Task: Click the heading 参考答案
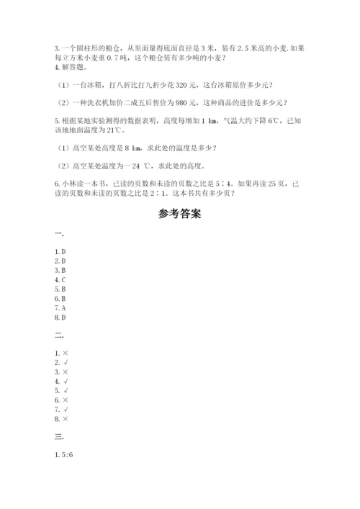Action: pos(179,214)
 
